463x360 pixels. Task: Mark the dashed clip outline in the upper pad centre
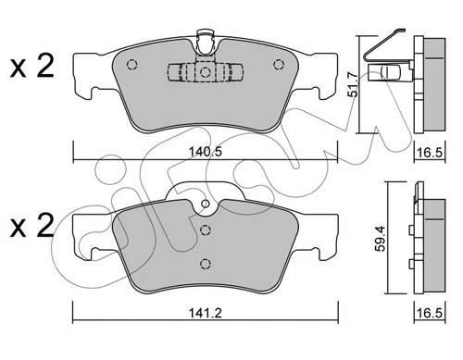(x=204, y=74)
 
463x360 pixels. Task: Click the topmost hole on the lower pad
(x=204, y=206)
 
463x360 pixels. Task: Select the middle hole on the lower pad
(x=204, y=232)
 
